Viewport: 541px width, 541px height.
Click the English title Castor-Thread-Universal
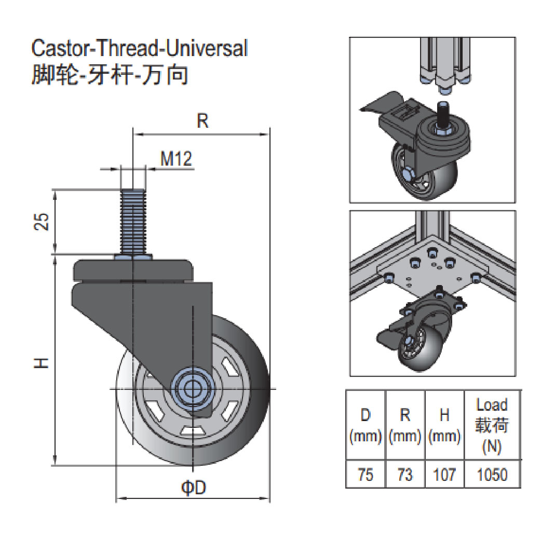(x=140, y=48)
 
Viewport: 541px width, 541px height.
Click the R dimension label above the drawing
(x=202, y=121)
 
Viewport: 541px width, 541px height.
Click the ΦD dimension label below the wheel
(x=193, y=488)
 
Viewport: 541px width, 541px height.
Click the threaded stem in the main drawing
(x=132, y=221)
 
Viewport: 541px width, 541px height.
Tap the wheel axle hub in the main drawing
(x=193, y=388)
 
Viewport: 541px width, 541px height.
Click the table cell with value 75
(x=366, y=474)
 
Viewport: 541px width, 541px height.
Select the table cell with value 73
(x=405, y=474)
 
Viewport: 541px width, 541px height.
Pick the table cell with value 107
(x=444, y=474)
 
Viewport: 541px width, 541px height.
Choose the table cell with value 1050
(x=491, y=474)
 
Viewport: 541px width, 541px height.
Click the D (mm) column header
(x=366, y=425)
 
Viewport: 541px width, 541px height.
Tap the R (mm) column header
(x=405, y=425)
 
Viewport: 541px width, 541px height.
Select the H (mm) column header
(x=444, y=425)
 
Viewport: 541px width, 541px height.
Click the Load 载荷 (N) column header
(x=491, y=425)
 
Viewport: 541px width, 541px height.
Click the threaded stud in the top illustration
(x=443, y=116)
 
